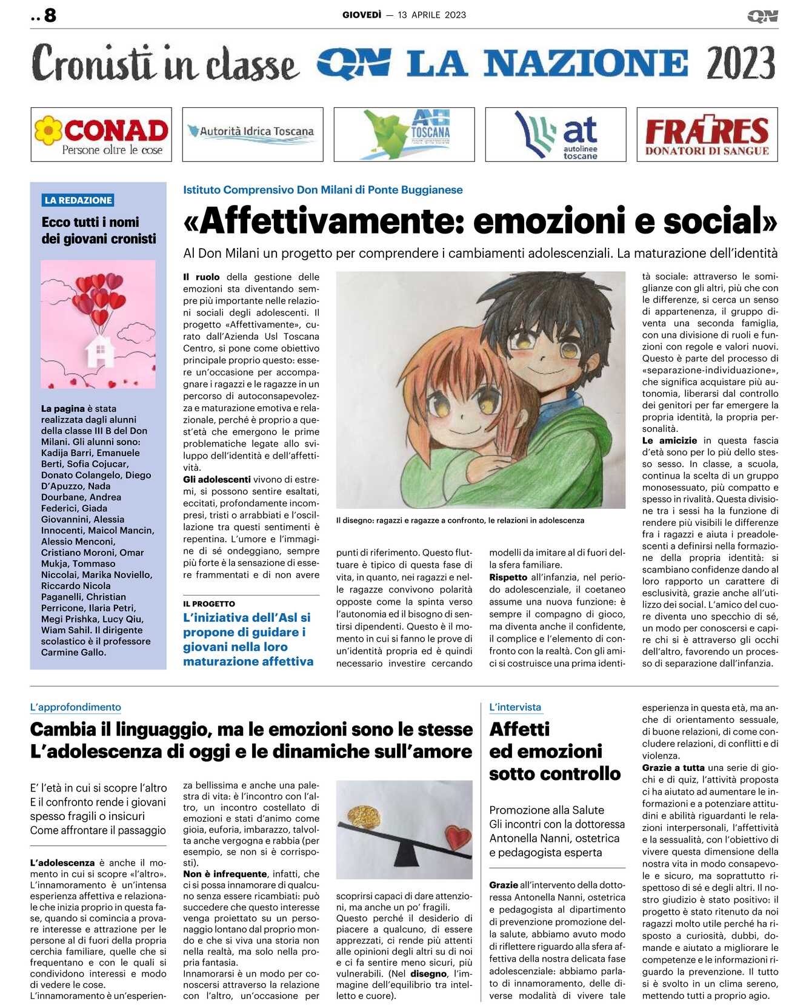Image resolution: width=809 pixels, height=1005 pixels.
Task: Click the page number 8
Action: (50, 15)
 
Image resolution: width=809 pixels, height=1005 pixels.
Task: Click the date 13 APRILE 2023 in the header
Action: (431, 15)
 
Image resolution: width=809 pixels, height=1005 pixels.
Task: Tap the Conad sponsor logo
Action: (101, 135)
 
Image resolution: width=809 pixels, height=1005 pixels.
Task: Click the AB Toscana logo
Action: (404, 135)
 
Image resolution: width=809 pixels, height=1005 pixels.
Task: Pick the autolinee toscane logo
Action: (556, 135)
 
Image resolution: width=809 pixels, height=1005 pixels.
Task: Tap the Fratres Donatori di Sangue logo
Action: (707, 135)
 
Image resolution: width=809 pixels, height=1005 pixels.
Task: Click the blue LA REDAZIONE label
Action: (78, 200)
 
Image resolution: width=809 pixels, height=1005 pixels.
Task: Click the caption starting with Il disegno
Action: (460, 520)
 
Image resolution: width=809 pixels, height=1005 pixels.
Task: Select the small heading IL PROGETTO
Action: (209, 603)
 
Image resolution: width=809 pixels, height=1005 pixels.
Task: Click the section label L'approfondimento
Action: (76, 707)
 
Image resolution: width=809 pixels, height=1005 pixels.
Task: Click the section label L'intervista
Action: (515, 707)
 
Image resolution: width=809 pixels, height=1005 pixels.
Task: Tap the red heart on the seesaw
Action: (458, 839)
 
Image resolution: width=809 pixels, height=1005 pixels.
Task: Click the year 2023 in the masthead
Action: (740, 63)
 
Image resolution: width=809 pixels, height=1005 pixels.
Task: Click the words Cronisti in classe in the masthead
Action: (165, 63)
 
